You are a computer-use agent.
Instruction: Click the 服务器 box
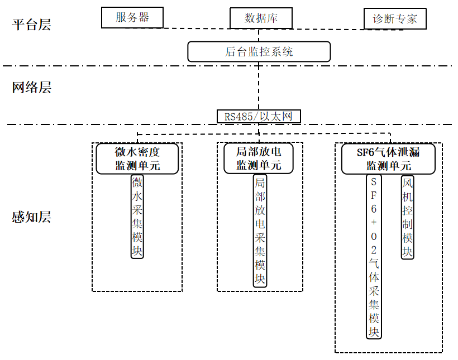click(132, 17)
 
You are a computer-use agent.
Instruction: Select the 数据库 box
click(261, 18)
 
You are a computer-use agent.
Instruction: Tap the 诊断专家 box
click(395, 19)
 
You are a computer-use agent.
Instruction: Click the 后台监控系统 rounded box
click(259, 51)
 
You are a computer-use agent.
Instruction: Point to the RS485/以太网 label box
click(259, 116)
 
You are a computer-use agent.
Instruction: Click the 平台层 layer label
click(31, 25)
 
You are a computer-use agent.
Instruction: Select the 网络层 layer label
click(31, 87)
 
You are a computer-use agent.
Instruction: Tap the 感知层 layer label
click(31, 217)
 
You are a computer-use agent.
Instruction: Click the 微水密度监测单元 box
click(137, 159)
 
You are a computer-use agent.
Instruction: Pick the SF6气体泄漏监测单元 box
click(388, 159)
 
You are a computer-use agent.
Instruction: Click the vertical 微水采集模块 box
click(137, 217)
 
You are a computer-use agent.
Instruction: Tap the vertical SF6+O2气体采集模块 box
click(374, 257)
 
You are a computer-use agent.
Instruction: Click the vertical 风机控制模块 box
click(408, 217)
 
